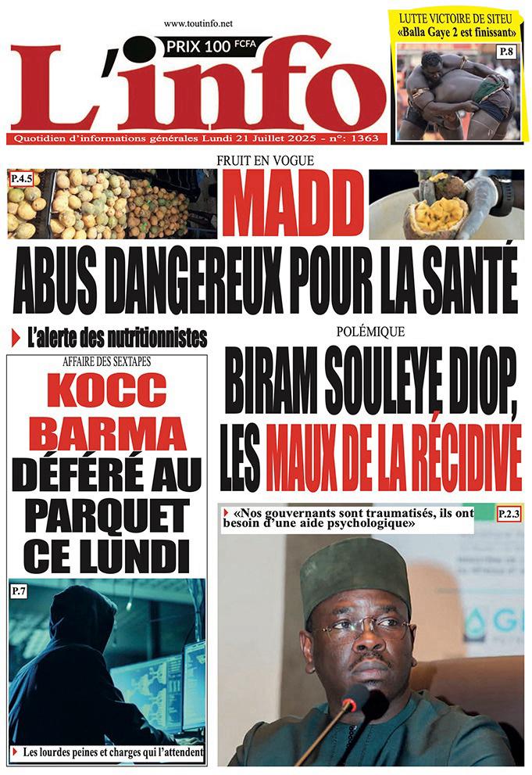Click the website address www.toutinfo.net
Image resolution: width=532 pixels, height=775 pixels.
(x=198, y=25)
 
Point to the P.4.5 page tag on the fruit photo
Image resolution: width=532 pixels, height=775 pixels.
(x=21, y=179)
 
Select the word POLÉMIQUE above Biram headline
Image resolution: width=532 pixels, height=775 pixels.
(x=370, y=332)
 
